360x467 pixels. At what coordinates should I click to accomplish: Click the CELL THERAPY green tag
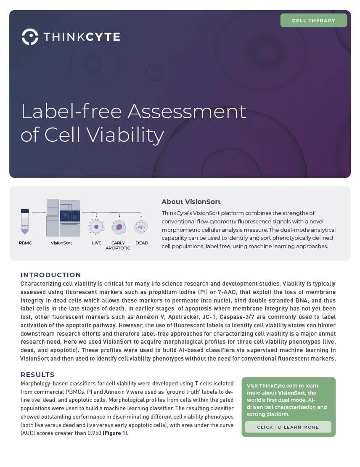[x=314, y=20]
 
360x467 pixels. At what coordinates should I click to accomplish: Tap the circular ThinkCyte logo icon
[x=30, y=37]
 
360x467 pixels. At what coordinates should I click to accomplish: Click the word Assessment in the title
[x=187, y=111]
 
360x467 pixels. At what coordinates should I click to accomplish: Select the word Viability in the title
[x=125, y=135]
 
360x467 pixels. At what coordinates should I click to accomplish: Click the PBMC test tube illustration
[x=25, y=221]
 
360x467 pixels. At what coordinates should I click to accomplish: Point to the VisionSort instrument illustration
[x=64, y=218]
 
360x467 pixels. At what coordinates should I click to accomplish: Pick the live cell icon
[x=96, y=227]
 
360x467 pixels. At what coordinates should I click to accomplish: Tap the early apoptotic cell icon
[x=119, y=227]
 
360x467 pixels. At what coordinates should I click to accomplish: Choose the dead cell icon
[x=141, y=227]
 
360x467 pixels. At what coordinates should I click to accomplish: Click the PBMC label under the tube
[x=25, y=243]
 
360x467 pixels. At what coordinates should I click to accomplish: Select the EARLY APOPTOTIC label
[x=118, y=245]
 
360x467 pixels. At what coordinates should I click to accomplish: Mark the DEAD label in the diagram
[x=142, y=243]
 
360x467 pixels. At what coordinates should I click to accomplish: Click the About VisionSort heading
[x=191, y=202]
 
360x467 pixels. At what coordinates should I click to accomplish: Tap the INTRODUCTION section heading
[x=50, y=275]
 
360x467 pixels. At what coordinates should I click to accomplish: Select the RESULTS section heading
[x=37, y=375]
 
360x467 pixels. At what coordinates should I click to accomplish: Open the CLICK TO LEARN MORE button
[x=288, y=427]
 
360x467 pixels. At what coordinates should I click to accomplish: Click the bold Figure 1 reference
[x=115, y=433]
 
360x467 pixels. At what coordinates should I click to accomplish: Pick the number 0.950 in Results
[x=94, y=433]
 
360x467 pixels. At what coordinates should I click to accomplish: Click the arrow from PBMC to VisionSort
[x=38, y=212]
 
